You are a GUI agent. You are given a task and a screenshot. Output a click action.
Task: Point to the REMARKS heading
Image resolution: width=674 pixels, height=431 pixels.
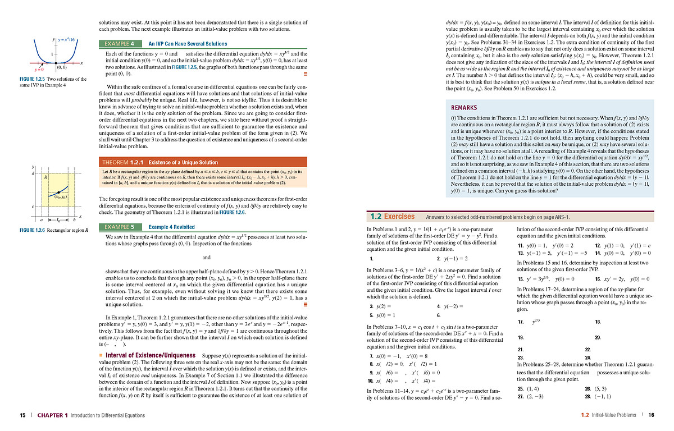[x=464, y=108]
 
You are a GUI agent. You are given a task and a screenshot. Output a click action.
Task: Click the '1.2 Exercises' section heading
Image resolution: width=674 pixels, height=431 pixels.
[x=392, y=217]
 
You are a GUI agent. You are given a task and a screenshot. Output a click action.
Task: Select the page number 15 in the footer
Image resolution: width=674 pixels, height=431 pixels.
[x=22, y=415]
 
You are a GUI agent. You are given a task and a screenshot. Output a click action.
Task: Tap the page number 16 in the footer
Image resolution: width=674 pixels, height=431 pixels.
[x=652, y=415]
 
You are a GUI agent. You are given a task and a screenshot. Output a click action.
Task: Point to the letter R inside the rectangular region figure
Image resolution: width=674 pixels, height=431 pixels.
[x=45, y=177]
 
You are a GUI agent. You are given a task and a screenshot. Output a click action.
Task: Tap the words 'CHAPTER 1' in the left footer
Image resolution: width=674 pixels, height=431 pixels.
[x=52, y=415]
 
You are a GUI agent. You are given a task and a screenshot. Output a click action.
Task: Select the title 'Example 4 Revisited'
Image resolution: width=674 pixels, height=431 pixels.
[x=171, y=227]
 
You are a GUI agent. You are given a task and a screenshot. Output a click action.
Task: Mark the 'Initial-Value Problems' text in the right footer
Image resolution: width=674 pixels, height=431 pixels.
[x=613, y=415]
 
